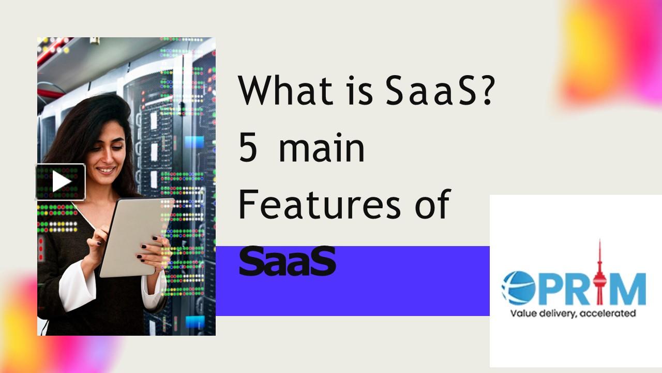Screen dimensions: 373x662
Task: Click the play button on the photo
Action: (61, 182)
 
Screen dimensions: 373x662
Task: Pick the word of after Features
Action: (431, 205)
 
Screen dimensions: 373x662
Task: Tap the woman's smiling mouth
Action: (107, 169)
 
